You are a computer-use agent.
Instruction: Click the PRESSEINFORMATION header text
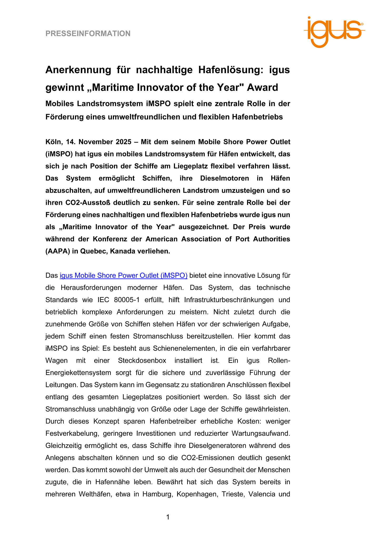88,34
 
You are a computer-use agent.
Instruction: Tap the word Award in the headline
262,88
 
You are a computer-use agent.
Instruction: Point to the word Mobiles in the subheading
60,104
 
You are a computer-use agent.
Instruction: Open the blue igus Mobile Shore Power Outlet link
123,276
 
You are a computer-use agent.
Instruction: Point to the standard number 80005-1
127,300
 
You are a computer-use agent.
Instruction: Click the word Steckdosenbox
142,361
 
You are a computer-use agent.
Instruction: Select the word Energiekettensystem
78,373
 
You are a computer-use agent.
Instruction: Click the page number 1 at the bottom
168,517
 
